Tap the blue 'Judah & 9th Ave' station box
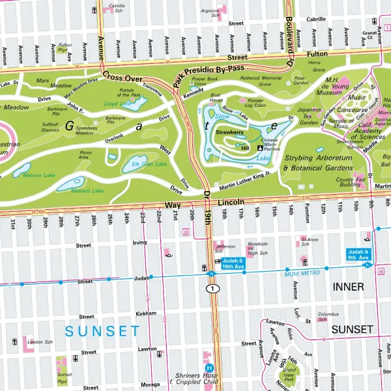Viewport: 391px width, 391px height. (x=358, y=254)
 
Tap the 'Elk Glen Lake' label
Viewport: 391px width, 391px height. (x=150, y=164)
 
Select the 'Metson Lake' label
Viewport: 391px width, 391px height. (x=38, y=175)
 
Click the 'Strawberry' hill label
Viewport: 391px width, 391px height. (x=229, y=132)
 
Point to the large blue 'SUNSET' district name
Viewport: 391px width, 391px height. (x=102, y=331)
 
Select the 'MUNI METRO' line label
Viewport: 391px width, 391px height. (x=302, y=273)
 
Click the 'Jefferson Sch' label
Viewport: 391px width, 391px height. (x=224, y=248)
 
